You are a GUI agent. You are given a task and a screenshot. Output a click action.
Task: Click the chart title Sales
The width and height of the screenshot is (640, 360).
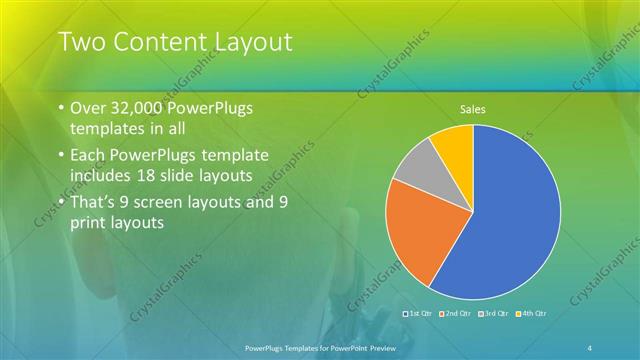pyautogui.click(x=472, y=108)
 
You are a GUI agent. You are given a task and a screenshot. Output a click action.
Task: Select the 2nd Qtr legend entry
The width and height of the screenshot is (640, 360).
pyautogui.click(x=456, y=314)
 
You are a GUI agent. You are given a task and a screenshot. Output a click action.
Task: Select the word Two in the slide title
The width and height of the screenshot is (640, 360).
pyautogui.click(x=77, y=42)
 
